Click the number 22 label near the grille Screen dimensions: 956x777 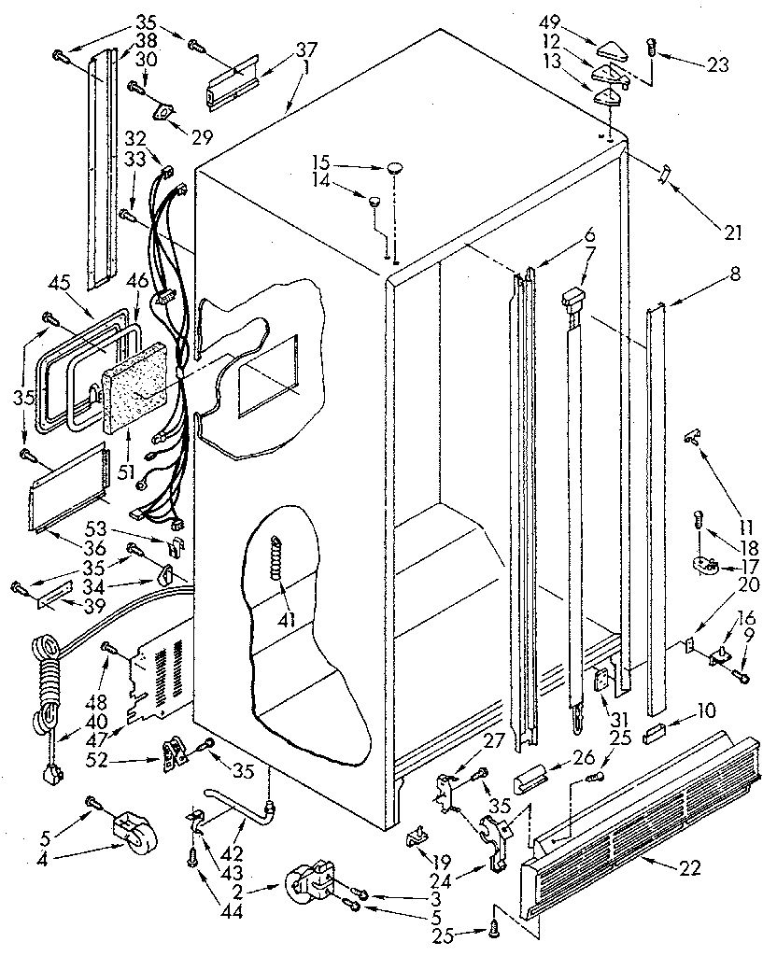pyautogui.click(x=689, y=868)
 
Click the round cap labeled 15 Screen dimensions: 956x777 pyautogui.click(x=394, y=169)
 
